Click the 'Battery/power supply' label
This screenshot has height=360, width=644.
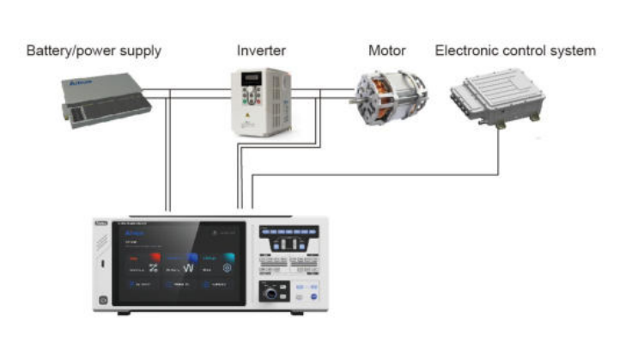(x=94, y=51)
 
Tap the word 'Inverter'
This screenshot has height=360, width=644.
(x=261, y=51)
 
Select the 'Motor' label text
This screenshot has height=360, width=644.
(x=386, y=51)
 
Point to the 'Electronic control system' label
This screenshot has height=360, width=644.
(x=515, y=51)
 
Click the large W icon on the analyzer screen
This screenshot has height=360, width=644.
(x=188, y=267)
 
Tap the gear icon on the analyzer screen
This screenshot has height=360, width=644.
(x=227, y=268)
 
